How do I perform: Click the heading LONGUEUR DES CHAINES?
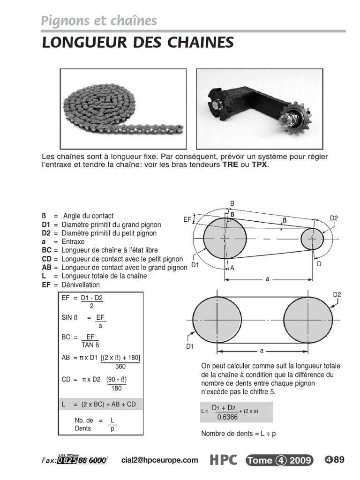pyautogui.click(x=137, y=42)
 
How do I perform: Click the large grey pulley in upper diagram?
pyautogui.click(x=225, y=239)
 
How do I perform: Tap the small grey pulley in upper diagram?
pyautogui.click(x=312, y=239)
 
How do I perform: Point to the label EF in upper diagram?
pyautogui.click(x=187, y=219)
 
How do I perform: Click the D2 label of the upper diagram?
pyautogui.click(x=334, y=218)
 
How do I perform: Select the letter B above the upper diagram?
pyautogui.click(x=232, y=203)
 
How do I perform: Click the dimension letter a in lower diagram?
pyautogui.click(x=262, y=351)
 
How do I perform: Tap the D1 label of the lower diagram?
pyautogui.click(x=190, y=346)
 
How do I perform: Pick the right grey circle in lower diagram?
pyautogui.click(x=308, y=320)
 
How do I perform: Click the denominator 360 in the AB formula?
pyautogui.click(x=120, y=367)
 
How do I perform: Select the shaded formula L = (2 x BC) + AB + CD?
pyautogui.click(x=102, y=404)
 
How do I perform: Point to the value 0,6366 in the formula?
pyautogui.click(x=227, y=416)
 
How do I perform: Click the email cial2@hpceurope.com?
pyautogui.click(x=160, y=460)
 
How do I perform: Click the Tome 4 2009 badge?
pyautogui.click(x=279, y=460)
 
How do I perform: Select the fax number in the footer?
pyautogui.click(x=82, y=461)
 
